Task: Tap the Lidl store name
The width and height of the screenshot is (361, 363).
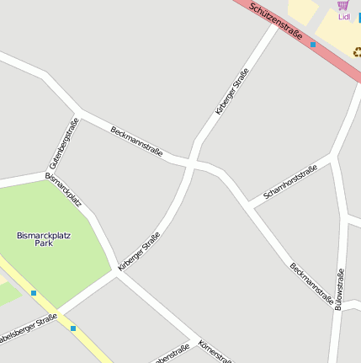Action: coord(343,17)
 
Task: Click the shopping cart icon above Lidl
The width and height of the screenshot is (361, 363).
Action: coord(342,6)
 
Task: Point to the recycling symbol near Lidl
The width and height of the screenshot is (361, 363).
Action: coord(357,51)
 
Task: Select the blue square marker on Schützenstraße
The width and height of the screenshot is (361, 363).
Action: coord(313,44)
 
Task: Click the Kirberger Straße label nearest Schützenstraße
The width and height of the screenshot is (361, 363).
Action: coord(231,91)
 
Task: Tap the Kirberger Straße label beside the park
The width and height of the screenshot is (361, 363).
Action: coord(139,251)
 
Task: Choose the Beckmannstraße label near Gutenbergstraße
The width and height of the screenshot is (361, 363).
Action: coord(135,141)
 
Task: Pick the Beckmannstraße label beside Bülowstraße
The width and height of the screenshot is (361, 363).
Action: coord(311,284)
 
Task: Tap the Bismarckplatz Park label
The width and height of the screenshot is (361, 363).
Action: coord(43,239)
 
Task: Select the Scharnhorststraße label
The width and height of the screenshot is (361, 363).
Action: coord(290,182)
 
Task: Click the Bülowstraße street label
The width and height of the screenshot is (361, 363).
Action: coord(339,289)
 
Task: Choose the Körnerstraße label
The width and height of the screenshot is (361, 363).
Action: coord(214,351)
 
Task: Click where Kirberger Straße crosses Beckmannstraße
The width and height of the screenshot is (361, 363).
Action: coord(192,162)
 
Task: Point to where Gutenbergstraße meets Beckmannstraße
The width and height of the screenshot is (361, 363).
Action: coord(78,113)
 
